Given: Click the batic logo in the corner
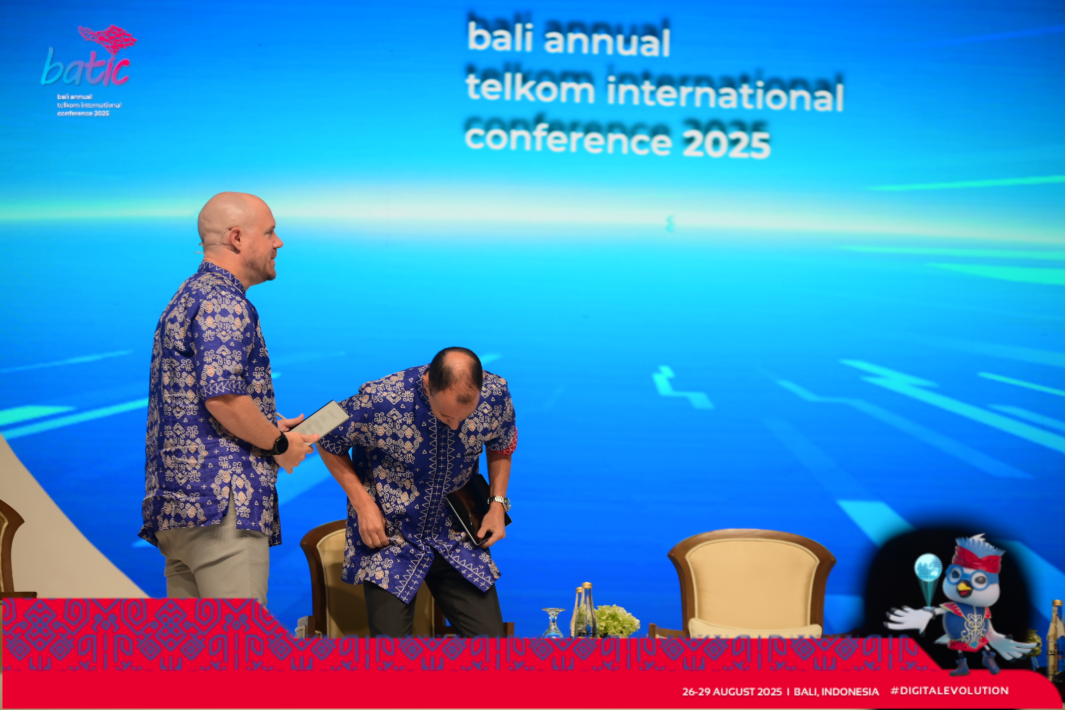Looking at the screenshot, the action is (x=88, y=70).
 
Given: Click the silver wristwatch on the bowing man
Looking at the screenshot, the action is (x=500, y=502).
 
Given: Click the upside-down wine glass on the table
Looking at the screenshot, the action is (x=553, y=623).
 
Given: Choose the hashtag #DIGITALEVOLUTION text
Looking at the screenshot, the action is (x=949, y=691).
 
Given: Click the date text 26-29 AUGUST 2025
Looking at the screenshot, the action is (x=732, y=691).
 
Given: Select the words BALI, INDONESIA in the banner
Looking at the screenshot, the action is (x=836, y=691).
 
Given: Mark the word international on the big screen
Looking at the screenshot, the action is (x=724, y=93).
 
